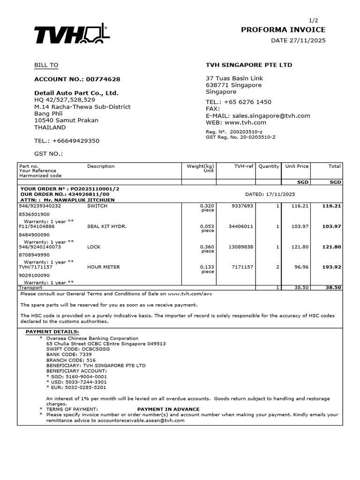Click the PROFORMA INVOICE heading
click(x=283, y=30)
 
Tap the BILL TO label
click(x=46, y=65)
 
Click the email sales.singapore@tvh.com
click(x=270, y=116)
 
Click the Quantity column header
click(x=268, y=166)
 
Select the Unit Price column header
click(x=297, y=166)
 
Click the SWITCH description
click(x=97, y=206)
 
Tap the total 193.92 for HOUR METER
click(x=331, y=267)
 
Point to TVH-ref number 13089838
click(x=241, y=247)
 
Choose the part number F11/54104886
click(x=36, y=226)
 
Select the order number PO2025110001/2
click(x=94, y=189)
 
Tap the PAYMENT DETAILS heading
click(x=52, y=332)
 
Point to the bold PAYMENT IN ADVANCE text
click(x=168, y=409)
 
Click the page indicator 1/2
click(x=314, y=21)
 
